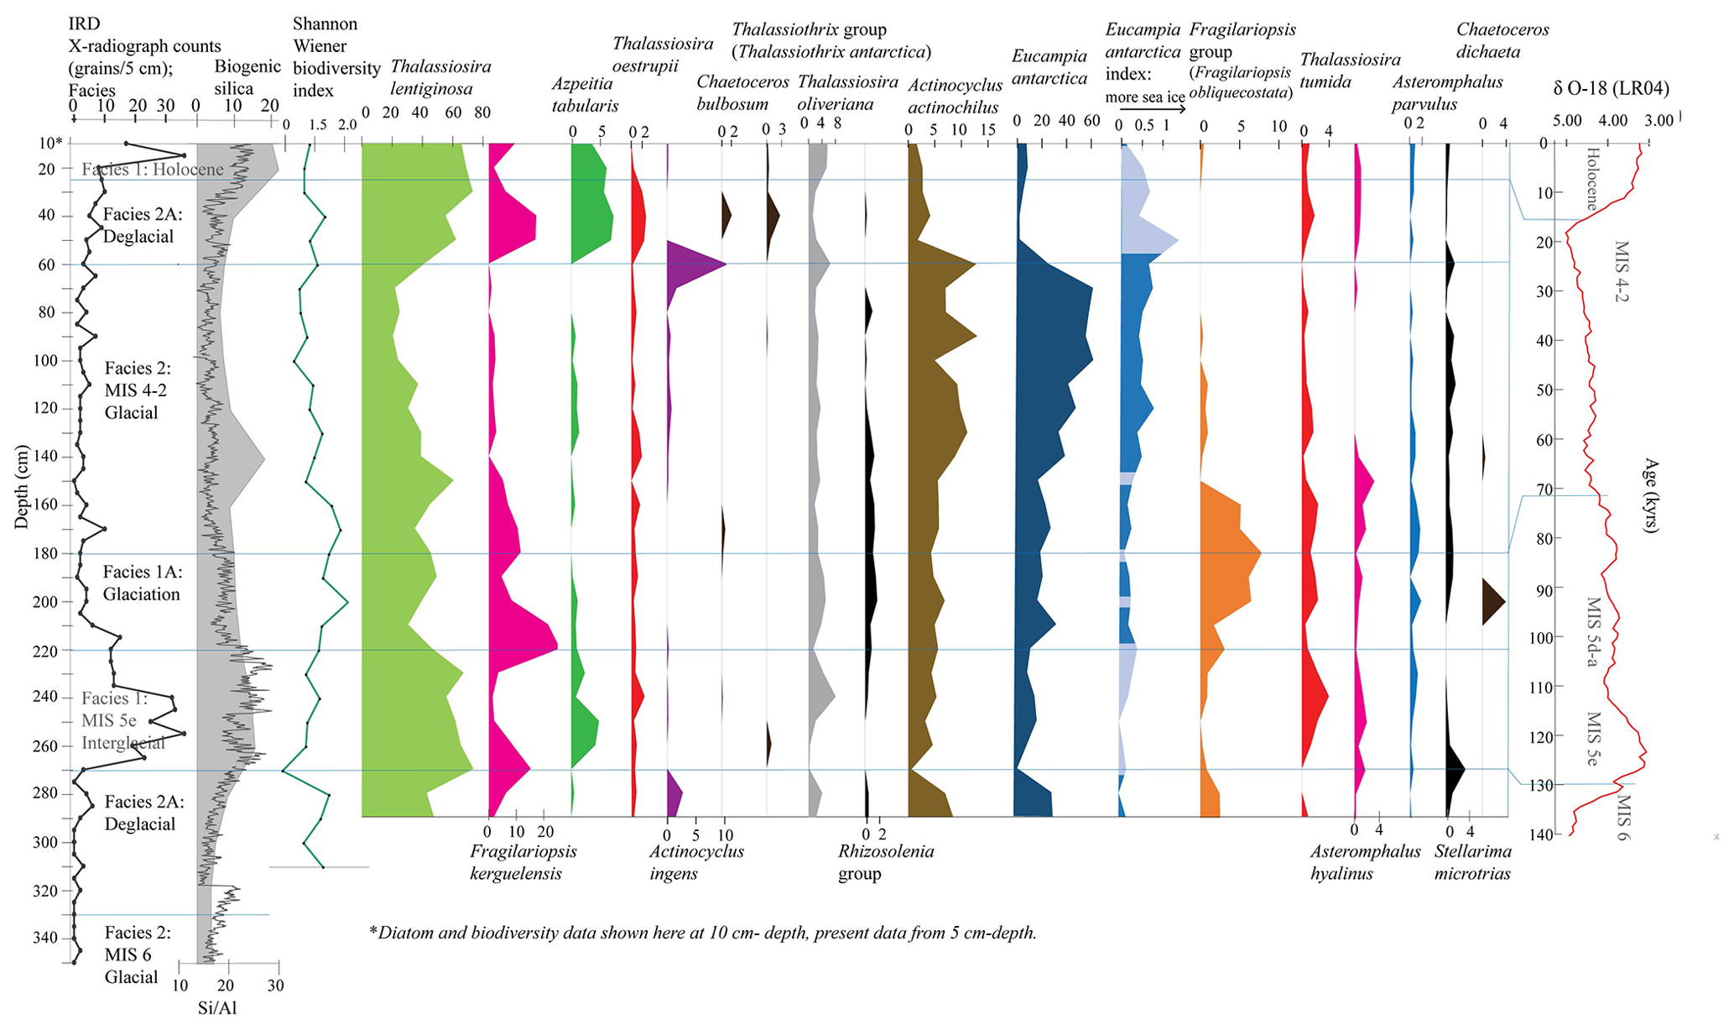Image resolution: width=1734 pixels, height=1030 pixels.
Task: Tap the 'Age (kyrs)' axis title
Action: click(1651, 495)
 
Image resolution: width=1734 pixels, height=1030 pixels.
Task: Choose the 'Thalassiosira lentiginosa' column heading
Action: click(440, 77)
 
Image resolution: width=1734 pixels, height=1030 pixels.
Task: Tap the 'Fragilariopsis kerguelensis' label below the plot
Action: click(523, 862)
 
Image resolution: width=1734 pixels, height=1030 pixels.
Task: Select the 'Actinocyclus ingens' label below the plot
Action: click(696, 862)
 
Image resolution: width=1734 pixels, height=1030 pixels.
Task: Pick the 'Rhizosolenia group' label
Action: click(885, 862)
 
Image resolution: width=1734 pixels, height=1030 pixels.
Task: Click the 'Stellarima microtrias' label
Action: click(1472, 862)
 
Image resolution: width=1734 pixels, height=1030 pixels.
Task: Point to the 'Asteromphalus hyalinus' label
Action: click(1365, 862)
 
